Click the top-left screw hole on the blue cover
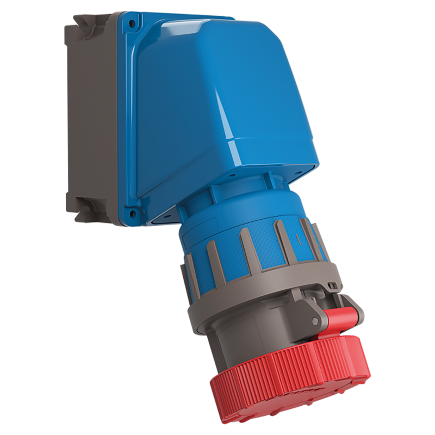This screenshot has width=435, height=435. point(130,23)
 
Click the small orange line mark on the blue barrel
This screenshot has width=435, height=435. point(297,238)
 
